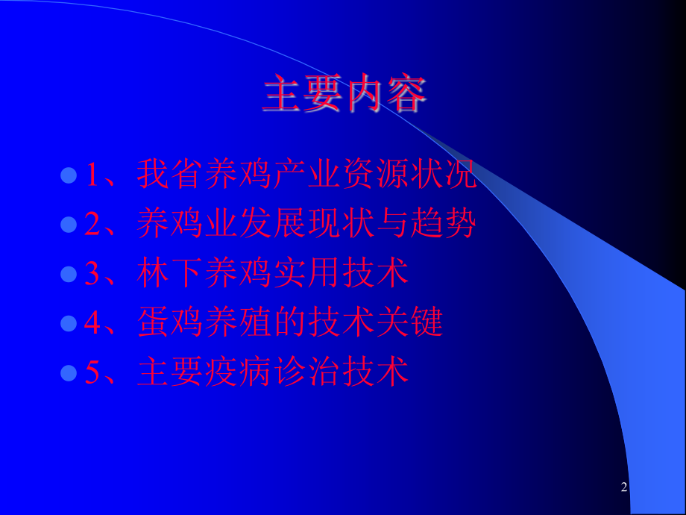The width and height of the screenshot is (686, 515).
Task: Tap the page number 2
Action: pos(623,488)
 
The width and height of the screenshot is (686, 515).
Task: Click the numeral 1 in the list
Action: pos(92,176)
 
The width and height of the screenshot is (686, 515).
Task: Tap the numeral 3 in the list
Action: pos(92,275)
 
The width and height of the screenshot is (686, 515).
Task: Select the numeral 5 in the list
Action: pos(92,373)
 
